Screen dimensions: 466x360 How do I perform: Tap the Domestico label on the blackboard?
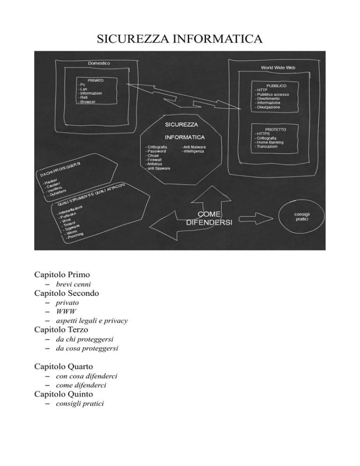click(99, 63)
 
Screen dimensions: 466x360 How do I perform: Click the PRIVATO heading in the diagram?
click(95, 80)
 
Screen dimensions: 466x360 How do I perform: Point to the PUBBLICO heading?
click(276, 86)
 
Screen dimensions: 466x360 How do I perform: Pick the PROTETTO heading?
click(276, 128)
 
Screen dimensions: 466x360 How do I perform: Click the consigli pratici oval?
click(301, 217)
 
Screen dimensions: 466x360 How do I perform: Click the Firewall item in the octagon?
click(155, 160)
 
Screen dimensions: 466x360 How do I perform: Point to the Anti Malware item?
click(193, 147)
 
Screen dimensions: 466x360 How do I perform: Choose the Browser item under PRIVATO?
click(88, 102)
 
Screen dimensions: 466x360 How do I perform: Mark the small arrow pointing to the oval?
click(257, 217)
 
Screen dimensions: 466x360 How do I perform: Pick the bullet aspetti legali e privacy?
click(92, 321)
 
